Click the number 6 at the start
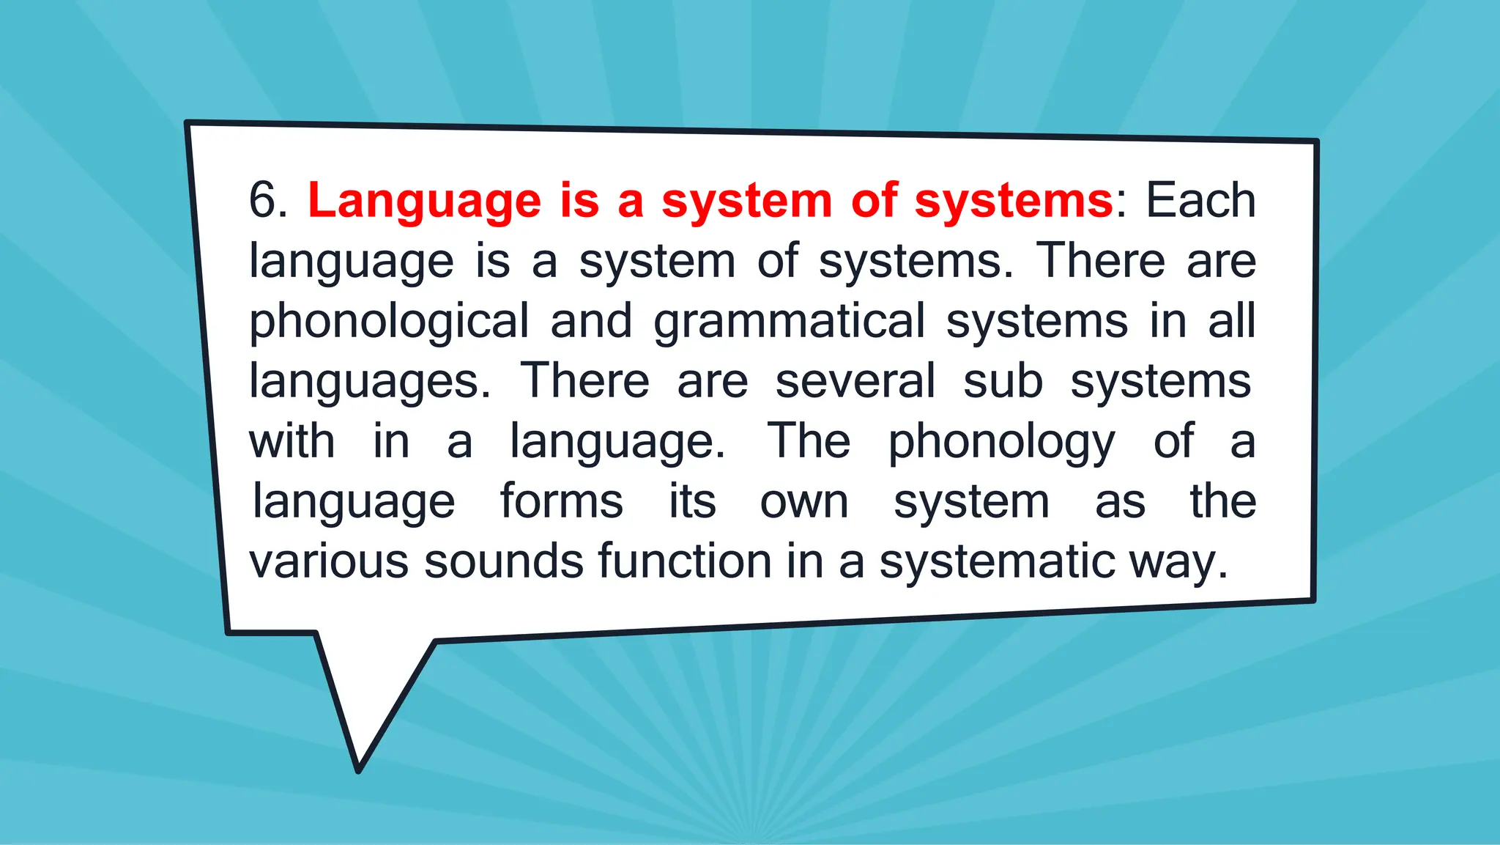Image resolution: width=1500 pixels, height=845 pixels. (x=263, y=200)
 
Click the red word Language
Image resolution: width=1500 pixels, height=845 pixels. (x=424, y=202)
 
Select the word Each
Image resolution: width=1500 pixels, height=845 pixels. (x=1200, y=200)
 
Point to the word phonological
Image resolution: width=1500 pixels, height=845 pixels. (x=389, y=322)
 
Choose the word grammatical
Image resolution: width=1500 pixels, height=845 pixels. (x=789, y=322)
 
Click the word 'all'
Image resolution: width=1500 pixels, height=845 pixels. (x=1232, y=320)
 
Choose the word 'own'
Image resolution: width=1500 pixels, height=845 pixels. (x=804, y=502)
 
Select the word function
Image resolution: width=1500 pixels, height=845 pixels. (x=685, y=561)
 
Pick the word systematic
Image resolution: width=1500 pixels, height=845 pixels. (x=997, y=563)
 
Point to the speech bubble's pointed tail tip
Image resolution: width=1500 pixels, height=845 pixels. (x=358, y=770)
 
